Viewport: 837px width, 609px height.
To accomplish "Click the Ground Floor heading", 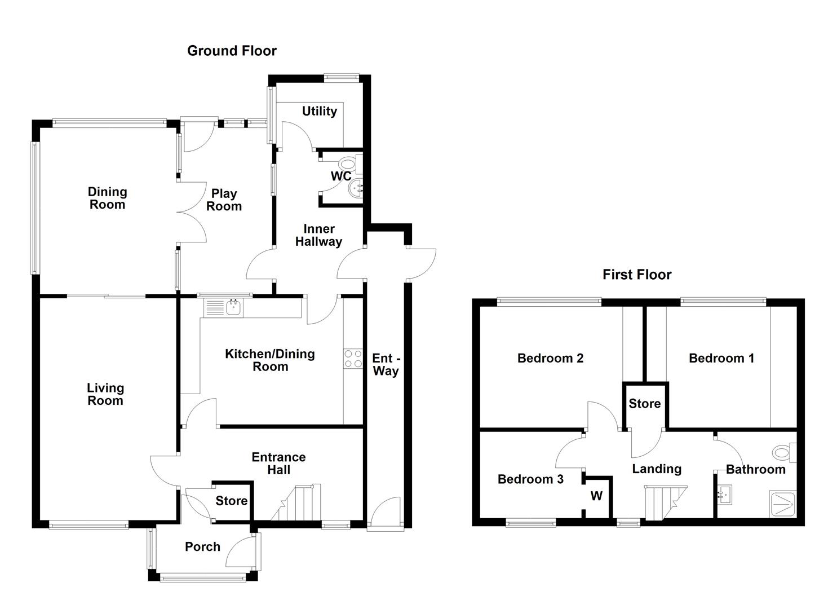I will coord(232,51).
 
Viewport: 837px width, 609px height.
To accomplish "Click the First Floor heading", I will coord(637,275).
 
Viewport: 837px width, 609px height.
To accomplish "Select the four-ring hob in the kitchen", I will coord(353,359).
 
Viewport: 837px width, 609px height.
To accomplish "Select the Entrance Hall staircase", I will coord(298,503).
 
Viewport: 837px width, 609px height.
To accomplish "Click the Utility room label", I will coord(319,111).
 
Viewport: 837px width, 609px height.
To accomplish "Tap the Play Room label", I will coord(224,200).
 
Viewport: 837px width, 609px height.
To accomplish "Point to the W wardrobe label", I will coord(596,496).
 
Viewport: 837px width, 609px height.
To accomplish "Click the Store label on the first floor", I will coord(644,404).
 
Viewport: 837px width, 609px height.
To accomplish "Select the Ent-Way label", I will coord(386,365).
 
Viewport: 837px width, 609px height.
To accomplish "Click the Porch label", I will coord(202,546).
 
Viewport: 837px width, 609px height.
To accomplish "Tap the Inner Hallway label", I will coord(318,235).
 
